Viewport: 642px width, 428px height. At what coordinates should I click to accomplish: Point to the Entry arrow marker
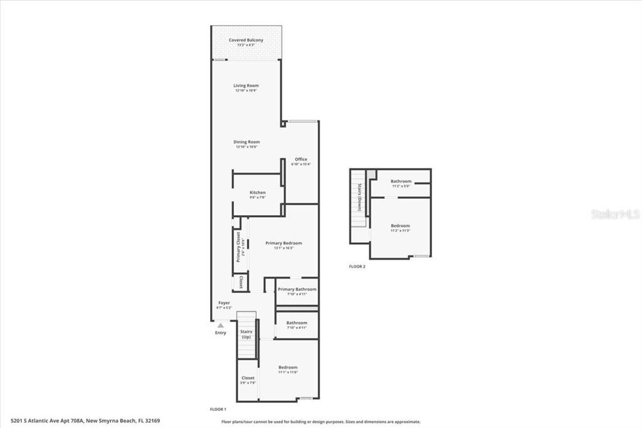pyautogui.click(x=220, y=325)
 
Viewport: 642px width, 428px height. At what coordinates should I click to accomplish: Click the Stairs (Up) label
pyautogui.click(x=246, y=334)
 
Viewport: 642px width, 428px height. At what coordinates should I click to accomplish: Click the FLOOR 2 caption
pyautogui.click(x=357, y=267)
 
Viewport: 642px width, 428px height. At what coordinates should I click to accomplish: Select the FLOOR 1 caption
pyautogui.click(x=218, y=409)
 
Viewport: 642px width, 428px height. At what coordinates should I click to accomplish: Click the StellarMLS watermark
pyautogui.click(x=615, y=214)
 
